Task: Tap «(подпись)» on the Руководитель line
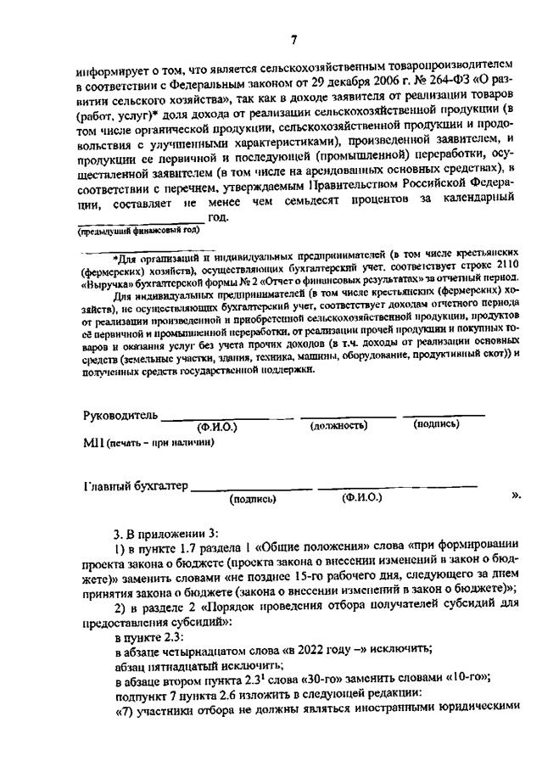[x=436, y=424]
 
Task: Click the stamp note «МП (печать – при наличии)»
[x=148, y=442]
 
